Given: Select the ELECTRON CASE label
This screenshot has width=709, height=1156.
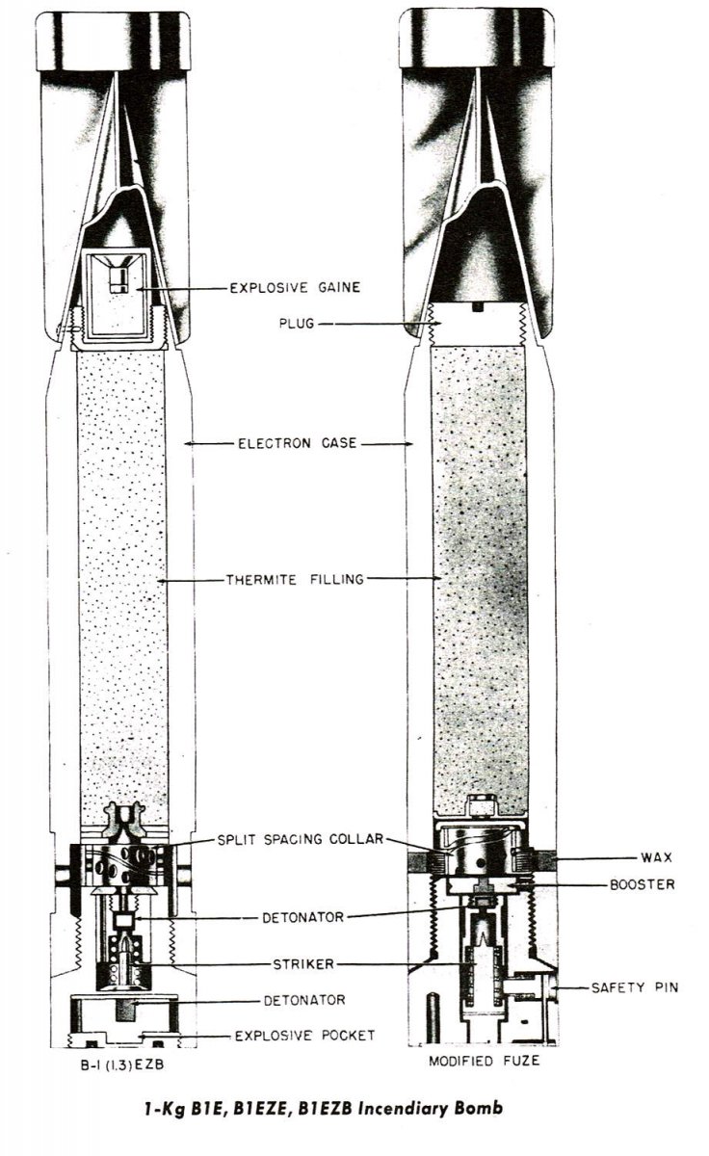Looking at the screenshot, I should (x=298, y=444).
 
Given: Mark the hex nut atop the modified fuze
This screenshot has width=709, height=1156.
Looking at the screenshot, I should (x=479, y=803).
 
